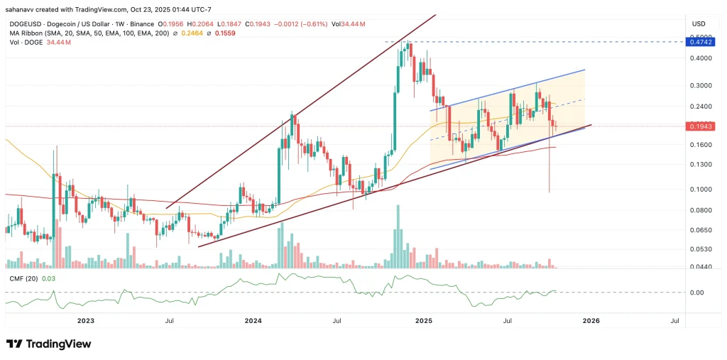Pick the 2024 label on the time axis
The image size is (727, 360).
tap(253, 321)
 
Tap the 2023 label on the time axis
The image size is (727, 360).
tap(85, 321)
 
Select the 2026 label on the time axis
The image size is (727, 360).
tap(591, 321)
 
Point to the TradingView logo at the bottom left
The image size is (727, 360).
tap(49, 344)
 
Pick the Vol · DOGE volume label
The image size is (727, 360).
tap(22, 43)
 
